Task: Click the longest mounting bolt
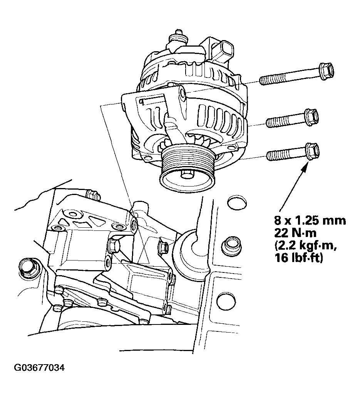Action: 296,74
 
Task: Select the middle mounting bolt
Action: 293,119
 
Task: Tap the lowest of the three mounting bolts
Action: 293,153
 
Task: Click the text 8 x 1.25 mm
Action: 310,220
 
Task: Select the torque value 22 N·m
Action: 295,233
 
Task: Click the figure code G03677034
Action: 39,368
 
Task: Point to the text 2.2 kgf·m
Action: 306,245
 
